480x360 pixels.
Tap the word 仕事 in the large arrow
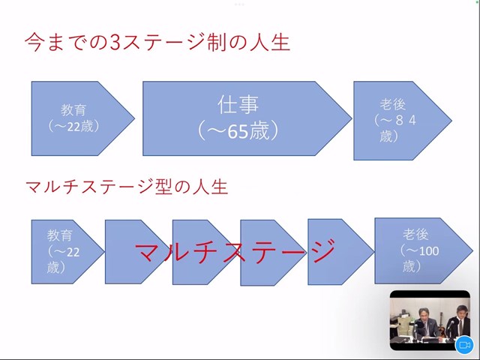[238, 105]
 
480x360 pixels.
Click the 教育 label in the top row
[73, 110]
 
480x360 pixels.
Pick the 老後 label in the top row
[393, 104]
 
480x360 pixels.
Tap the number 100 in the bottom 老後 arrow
[429, 251]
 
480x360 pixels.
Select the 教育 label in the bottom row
[60, 235]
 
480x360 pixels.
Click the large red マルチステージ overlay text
[235, 251]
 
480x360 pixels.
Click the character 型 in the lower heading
[163, 187]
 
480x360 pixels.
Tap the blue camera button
[464, 345]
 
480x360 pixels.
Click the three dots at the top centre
[239, 4]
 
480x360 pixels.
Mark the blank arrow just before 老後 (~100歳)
[340, 252]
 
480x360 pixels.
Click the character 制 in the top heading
[217, 42]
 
